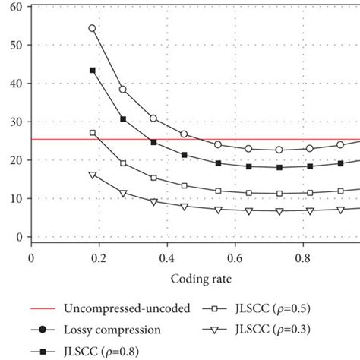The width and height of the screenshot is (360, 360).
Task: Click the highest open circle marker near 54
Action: pos(93,28)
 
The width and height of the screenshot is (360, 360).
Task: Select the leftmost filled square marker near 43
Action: pos(93,70)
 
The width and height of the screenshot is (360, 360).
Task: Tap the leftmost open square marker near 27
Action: pos(93,133)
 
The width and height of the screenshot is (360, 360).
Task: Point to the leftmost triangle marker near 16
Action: pos(93,175)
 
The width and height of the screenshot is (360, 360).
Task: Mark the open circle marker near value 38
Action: pos(123,89)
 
